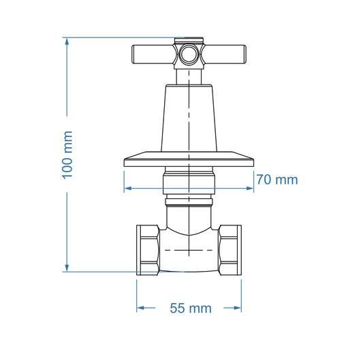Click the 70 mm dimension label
point(277,180)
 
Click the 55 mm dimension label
point(190,309)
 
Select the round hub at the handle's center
point(189,54)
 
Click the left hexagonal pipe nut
point(148,250)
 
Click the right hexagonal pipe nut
point(230,250)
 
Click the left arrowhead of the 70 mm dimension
point(128,189)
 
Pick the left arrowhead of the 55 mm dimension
point(141,308)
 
